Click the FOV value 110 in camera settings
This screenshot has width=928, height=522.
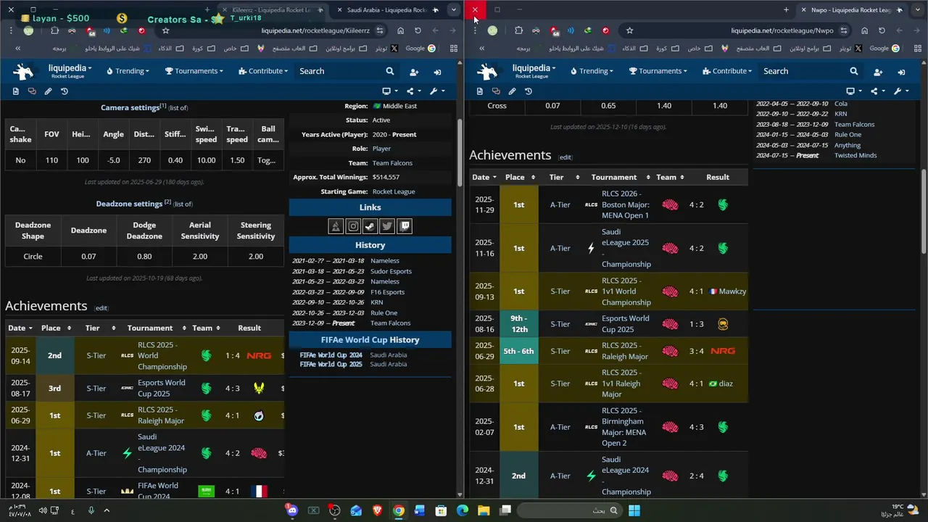coord(51,160)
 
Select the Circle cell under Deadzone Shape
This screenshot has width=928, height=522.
coord(33,257)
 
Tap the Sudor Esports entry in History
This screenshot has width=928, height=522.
coord(391,271)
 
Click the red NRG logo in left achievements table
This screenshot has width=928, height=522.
coord(259,356)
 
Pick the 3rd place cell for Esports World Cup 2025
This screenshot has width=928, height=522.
coord(54,389)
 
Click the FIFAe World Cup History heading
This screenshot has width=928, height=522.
coord(370,340)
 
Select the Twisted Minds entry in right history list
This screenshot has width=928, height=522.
coord(855,156)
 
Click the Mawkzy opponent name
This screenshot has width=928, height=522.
coord(732,291)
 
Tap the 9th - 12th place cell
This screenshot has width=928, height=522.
coord(518,324)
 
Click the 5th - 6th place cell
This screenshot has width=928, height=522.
coord(518,351)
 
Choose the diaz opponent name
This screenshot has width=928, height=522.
coord(726,384)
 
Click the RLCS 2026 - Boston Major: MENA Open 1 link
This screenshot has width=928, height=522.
coord(625,204)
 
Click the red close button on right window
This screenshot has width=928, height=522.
coord(475,9)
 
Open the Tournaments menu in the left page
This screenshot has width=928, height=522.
coord(194,71)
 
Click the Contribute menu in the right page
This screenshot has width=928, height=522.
coord(729,71)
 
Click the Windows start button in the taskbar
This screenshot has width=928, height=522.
coord(634,510)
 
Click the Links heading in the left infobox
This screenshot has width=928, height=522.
coord(370,208)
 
